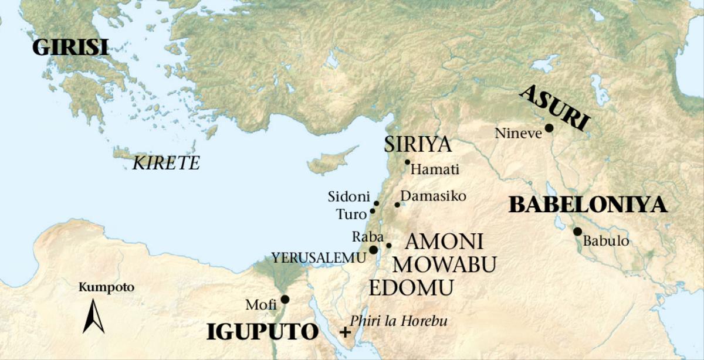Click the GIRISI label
[x=70, y=47]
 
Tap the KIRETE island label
[x=166, y=163]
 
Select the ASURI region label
[x=554, y=108]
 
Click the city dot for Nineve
[x=549, y=128]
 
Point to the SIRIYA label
[x=418, y=144]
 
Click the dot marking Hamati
[x=407, y=162]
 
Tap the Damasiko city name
[x=433, y=196]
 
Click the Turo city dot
[x=373, y=211]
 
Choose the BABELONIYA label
[x=588, y=205]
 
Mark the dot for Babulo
[x=577, y=232]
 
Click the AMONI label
[x=444, y=241]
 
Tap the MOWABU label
[x=445, y=264]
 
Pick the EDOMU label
[x=411, y=288]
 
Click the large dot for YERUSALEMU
[x=373, y=250]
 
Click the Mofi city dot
[x=285, y=300]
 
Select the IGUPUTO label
[x=262, y=332]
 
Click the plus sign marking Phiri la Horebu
[x=346, y=332]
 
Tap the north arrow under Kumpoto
[x=93, y=317]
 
